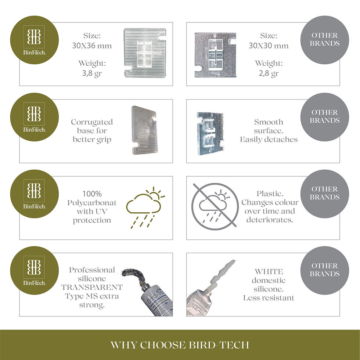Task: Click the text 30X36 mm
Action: coord(92,46)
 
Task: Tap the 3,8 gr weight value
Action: coord(92,73)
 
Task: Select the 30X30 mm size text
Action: coord(269,46)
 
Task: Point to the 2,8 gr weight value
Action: coord(269,73)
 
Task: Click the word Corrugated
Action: coord(92,122)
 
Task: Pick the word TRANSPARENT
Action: coord(92,287)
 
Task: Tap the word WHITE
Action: coord(269,271)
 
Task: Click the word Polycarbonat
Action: coord(92,203)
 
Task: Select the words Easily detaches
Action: coord(269,139)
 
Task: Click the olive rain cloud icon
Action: coord(145,207)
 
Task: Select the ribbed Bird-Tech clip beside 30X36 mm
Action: coord(145,53)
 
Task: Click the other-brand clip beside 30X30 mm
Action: coord(215,55)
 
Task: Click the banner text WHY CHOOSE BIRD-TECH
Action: coord(180,345)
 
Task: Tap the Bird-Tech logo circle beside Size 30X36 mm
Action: coord(35,40)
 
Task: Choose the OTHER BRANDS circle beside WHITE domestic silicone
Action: coord(325,270)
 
